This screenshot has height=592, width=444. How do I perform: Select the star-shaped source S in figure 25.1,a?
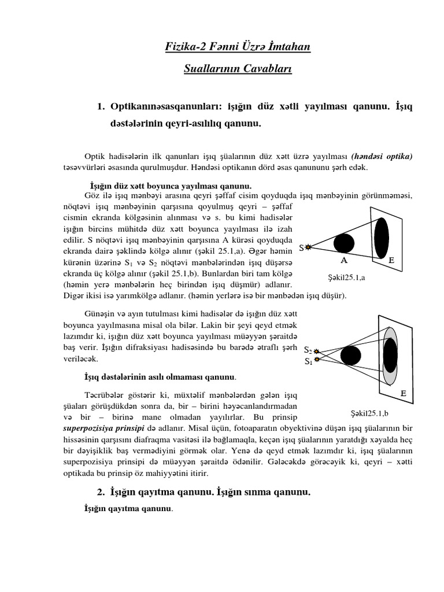point(308,248)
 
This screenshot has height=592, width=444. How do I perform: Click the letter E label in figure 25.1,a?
point(391,261)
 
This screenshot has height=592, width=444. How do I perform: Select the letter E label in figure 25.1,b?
point(403,394)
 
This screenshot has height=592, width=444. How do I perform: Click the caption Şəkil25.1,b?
point(370,413)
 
